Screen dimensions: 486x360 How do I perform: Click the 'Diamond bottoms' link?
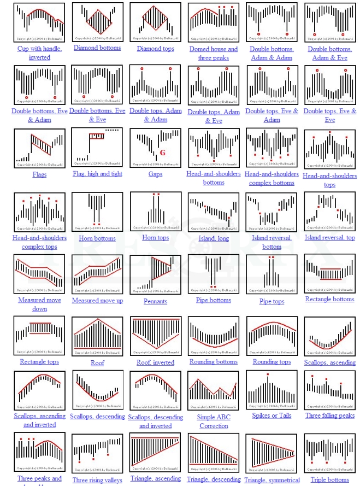coord(97,48)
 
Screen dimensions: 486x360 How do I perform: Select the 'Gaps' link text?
coord(155,174)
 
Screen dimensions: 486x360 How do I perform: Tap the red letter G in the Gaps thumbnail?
coord(162,153)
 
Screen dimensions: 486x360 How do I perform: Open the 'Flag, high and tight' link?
coord(97,174)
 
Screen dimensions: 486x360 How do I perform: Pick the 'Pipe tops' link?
coord(272,301)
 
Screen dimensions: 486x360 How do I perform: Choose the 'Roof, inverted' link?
coord(155,362)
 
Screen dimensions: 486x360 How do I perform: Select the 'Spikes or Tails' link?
coord(272,415)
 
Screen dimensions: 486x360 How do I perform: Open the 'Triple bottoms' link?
coord(329,480)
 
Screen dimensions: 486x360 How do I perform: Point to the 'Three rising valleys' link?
coord(97,481)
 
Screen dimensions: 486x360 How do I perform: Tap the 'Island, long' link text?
coord(214,238)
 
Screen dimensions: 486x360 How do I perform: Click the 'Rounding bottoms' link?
coord(214,362)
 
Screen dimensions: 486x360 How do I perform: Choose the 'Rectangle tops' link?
coord(39,362)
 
